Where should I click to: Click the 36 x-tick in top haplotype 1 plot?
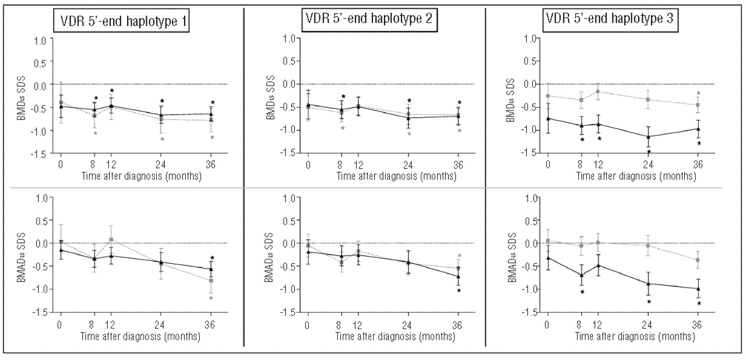tap(213, 163)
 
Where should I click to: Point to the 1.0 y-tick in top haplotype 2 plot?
tap(287, 38)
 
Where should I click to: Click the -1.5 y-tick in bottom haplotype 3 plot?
tap(530, 312)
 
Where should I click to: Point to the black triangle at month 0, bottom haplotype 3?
tap(547, 257)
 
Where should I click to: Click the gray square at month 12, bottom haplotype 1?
tap(111, 239)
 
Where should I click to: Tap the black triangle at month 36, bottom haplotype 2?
tap(459, 276)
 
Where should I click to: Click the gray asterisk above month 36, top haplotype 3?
tap(698, 93)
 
